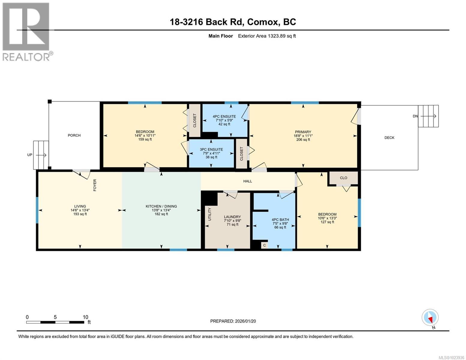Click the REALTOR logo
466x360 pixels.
coord(26,31)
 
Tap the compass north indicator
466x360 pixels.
coord(430,318)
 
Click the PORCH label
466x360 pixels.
coord(74,135)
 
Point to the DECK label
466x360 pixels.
coord(389,138)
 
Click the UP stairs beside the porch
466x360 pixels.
coord(41,155)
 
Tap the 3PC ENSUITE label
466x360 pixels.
coord(211,149)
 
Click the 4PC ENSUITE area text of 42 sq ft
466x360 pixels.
coord(224,124)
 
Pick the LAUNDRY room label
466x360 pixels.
coord(232,217)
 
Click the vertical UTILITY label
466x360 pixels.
coord(210,214)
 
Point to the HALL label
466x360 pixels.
coord(248,181)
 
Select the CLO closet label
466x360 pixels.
coord(344,178)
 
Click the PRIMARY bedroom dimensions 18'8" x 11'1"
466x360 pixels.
coord(303,136)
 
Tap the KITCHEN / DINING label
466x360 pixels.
coord(161,206)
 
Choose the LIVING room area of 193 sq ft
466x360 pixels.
coord(80,214)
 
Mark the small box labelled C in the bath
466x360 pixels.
coord(264,245)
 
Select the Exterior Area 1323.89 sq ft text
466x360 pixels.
coord(267,36)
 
